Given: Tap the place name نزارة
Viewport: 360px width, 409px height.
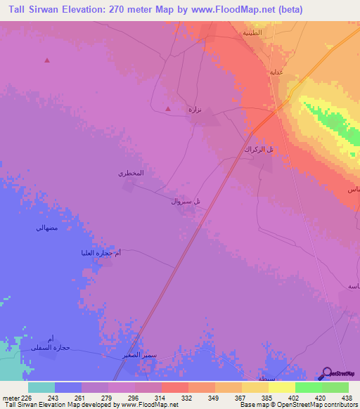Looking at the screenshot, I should pos(194,110).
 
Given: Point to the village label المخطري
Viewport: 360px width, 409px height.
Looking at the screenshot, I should pos(131,173).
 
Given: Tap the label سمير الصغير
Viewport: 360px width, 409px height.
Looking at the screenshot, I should pos(138,356).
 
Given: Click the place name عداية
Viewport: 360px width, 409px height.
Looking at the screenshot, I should pos(276,72).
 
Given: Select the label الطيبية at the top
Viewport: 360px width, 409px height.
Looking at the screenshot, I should pos(253,33).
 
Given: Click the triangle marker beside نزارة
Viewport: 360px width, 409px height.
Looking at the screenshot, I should pos(167,109).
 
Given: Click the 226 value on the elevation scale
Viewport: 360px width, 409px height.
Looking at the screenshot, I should pos(26,398).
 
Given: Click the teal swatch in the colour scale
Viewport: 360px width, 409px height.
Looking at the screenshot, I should pos(41,387).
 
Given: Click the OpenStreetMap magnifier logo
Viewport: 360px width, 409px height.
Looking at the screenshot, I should pos(328,373).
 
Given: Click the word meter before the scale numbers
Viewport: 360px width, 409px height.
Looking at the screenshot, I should pos(11,398).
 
